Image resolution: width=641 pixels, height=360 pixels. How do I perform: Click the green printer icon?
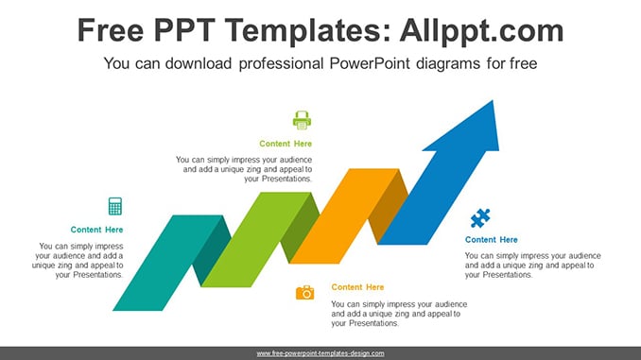tap(303, 120)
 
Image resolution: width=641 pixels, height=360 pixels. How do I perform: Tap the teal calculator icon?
tap(115, 206)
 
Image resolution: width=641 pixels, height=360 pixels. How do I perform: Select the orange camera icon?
tap(305, 293)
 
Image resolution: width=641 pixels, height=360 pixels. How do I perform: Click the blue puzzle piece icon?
tap(480, 218)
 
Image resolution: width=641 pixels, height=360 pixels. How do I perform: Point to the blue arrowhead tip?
tap(493, 100)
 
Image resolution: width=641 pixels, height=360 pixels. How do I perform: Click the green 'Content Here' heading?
tap(286, 144)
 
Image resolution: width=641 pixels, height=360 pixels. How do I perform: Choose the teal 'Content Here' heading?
tap(96, 230)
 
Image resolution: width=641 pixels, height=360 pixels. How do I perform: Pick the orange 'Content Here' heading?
tap(357, 287)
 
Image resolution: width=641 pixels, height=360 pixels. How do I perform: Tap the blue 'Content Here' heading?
tap(492, 240)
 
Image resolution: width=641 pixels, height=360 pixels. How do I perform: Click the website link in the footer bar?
tap(320, 353)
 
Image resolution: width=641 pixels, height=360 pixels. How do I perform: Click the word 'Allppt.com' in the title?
tap(481, 30)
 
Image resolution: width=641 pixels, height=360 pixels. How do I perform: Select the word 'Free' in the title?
tap(111, 30)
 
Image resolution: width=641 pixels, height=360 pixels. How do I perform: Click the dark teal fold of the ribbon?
tap(212, 250)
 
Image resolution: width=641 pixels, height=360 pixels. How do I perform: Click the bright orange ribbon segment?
tap(344, 215)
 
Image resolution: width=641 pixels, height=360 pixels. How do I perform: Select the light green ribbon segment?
tap(256, 239)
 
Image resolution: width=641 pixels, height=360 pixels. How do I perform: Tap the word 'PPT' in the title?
tap(184, 30)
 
